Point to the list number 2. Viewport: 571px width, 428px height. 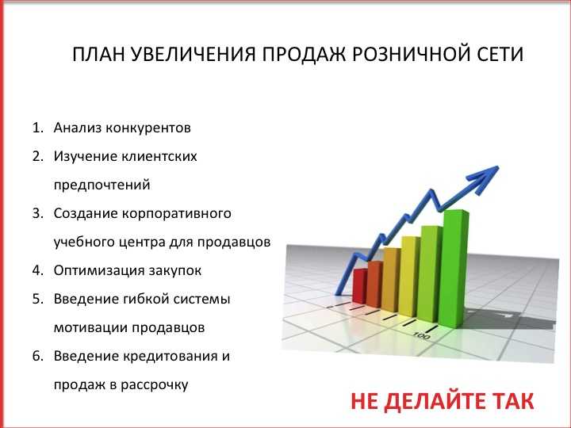[x=38, y=156]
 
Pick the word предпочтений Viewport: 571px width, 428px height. [x=102, y=185]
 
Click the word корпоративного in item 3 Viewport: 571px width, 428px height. [x=177, y=214]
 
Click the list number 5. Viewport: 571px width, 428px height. [x=38, y=299]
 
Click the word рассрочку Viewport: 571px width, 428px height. [x=155, y=385]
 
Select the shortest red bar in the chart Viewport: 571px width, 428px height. [x=360, y=286]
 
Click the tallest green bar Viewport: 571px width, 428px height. [x=454, y=269]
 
